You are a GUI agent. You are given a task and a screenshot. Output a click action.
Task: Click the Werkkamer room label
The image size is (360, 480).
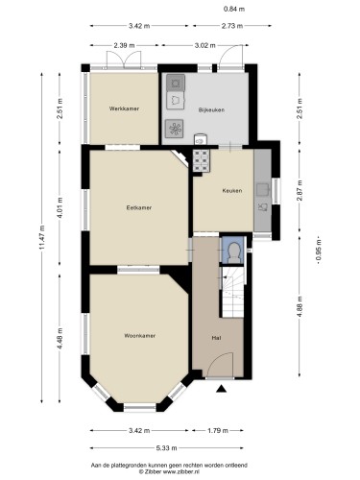(x=124, y=108)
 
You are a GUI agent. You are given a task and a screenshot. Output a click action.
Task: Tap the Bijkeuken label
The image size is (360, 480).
(x=211, y=110)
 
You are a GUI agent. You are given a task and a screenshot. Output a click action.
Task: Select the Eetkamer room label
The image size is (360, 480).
(x=139, y=207)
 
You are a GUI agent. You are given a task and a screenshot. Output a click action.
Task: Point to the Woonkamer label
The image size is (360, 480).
(x=140, y=336)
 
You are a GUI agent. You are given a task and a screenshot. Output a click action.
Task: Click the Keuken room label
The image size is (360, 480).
(x=232, y=191)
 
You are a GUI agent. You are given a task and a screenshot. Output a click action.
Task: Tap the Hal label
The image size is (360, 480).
(x=216, y=338)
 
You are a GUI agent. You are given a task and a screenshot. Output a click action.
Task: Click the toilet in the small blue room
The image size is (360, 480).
(x=234, y=252)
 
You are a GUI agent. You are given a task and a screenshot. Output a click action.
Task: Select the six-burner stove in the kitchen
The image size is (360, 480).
(x=202, y=160)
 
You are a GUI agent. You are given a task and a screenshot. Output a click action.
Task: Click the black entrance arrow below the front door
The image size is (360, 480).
(x=221, y=389)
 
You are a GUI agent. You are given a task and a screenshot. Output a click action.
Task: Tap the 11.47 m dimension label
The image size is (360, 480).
(x=42, y=238)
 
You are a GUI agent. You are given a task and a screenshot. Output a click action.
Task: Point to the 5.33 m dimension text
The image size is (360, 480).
(x=166, y=448)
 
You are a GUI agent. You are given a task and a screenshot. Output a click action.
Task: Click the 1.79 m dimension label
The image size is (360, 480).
(x=218, y=431)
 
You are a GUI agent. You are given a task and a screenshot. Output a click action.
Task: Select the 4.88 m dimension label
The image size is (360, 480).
(x=300, y=307)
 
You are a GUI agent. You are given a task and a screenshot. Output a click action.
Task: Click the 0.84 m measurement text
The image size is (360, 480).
(x=234, y=10)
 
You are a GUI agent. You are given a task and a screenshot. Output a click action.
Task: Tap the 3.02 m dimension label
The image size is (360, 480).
(x=204, y=45)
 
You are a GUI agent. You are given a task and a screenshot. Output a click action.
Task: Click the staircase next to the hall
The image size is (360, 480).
(x=233, y=292)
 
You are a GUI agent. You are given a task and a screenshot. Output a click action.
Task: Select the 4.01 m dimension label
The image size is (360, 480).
(x=60, y=207)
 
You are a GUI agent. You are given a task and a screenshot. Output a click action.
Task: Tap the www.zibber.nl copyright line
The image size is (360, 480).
(x=169, y=471)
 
